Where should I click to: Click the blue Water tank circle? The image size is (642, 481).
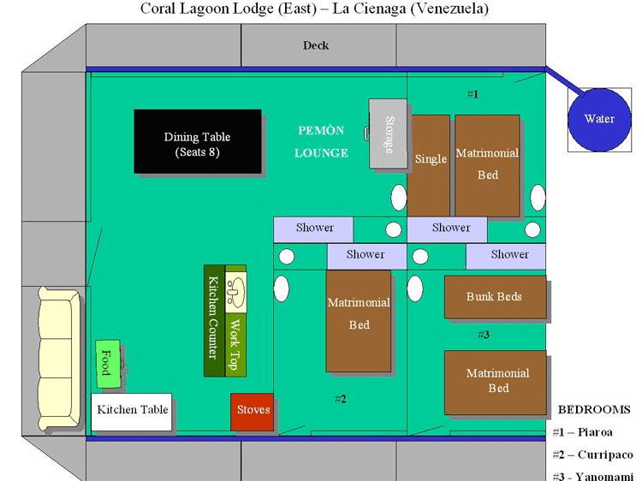[598, 119]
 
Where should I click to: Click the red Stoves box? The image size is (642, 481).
[252, 411]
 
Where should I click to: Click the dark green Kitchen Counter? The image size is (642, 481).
[213, 320]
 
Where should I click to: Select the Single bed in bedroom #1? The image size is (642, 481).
[430, 164]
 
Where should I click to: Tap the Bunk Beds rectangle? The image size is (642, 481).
[495, 297]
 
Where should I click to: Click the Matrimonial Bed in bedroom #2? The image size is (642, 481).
[359, 321]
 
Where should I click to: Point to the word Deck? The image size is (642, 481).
[316, 45]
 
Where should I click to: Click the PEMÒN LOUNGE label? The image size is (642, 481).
[321, 142]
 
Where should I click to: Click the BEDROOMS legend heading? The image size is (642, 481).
[595, 409]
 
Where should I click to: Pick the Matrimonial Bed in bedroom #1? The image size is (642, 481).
[487, 164]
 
